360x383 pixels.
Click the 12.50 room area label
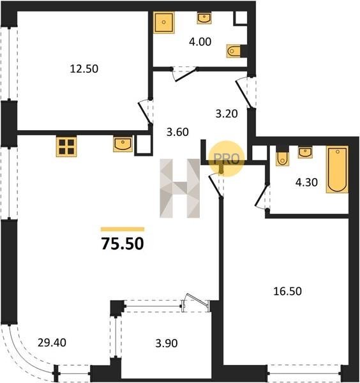[84, 69]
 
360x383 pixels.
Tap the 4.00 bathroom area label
[200, 41]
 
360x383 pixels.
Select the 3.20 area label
[227, 114]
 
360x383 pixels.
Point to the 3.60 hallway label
[177, 132]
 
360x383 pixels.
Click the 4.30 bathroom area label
[306, 182]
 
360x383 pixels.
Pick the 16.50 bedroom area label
[287, 291]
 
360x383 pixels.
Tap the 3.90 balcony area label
[167, 343]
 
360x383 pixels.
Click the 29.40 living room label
[52, 343]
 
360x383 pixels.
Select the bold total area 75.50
[123, 244]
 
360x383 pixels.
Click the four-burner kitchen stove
[66, 146]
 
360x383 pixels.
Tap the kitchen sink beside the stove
[123, 144]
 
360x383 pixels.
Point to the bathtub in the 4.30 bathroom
[337, 170]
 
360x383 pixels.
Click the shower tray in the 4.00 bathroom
[164, 22]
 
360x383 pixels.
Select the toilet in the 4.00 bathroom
[234, 51]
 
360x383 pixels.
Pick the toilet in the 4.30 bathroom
[283, 159]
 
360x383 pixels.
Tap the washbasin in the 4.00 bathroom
[204, 19]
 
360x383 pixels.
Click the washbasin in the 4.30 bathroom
[305, 152]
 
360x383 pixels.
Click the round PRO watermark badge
[227, 158]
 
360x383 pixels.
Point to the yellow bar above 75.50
[123, 229]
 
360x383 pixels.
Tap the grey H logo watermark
[180, 188]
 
